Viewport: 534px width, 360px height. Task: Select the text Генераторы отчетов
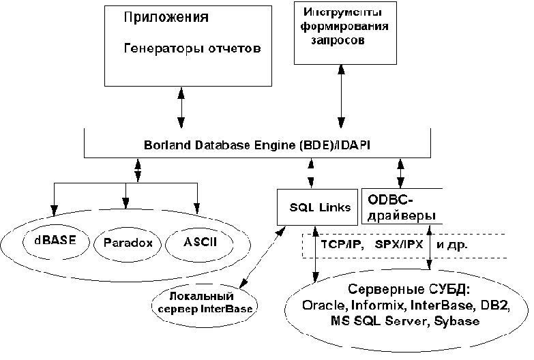pyautogui.click(x=193, y=48)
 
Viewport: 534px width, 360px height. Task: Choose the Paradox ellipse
pyautogui.click(x=128, y=243)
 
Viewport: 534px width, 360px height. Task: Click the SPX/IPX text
pyautogui.click(x=398, y=242)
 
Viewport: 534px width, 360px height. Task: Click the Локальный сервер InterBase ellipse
pyautogui.click(x=201, y=302)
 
